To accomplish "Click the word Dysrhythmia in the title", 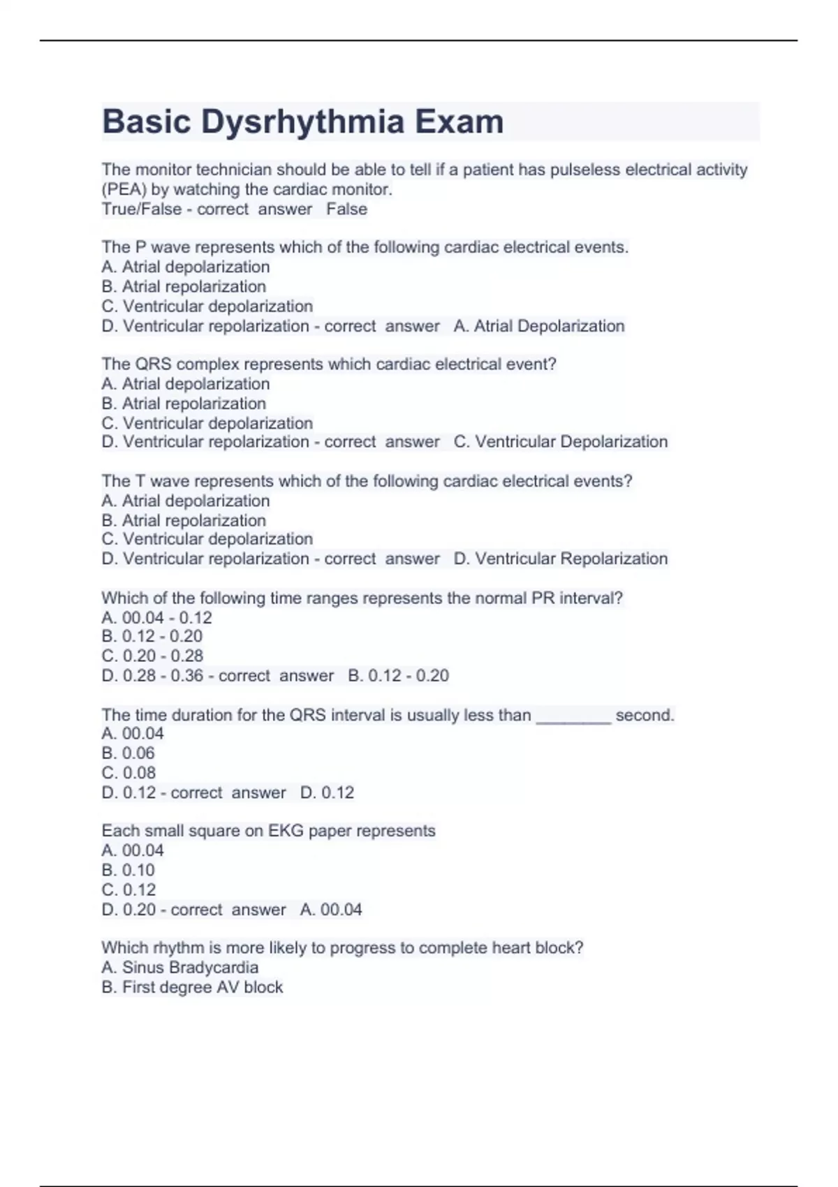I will click(302, 121).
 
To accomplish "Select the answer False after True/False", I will click(346, 209).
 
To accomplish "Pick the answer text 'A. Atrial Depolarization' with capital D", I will click(539, 326).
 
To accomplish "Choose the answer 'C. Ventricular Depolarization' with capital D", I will click(561, 442).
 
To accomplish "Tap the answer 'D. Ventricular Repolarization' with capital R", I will click(561, 559).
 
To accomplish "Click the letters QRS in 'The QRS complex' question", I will click(152, 364).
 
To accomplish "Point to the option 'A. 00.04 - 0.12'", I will click(156, 617).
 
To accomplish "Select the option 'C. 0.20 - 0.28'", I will click(152, 656).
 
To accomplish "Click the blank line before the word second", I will click(573, 716).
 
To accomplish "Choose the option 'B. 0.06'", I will click(128, 753).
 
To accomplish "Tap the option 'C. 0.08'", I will click(128, 773).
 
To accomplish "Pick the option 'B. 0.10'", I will click(128, 870).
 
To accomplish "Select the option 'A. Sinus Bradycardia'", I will click(179, 968).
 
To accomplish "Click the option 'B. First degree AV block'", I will click(192, 987).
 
